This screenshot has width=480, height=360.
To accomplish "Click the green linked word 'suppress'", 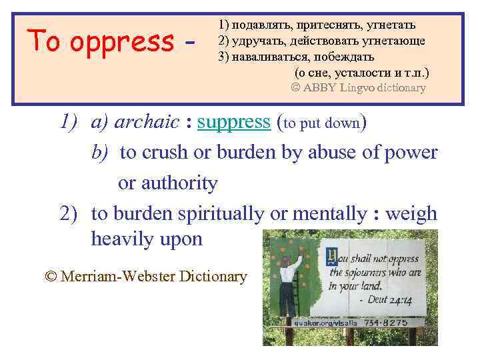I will coord(233,123).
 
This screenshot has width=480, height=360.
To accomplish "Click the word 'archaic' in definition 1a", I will coord(147,123).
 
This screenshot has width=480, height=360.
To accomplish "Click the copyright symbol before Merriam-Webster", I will coord(51,276).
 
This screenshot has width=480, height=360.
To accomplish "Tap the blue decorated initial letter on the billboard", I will coord(331,257).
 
